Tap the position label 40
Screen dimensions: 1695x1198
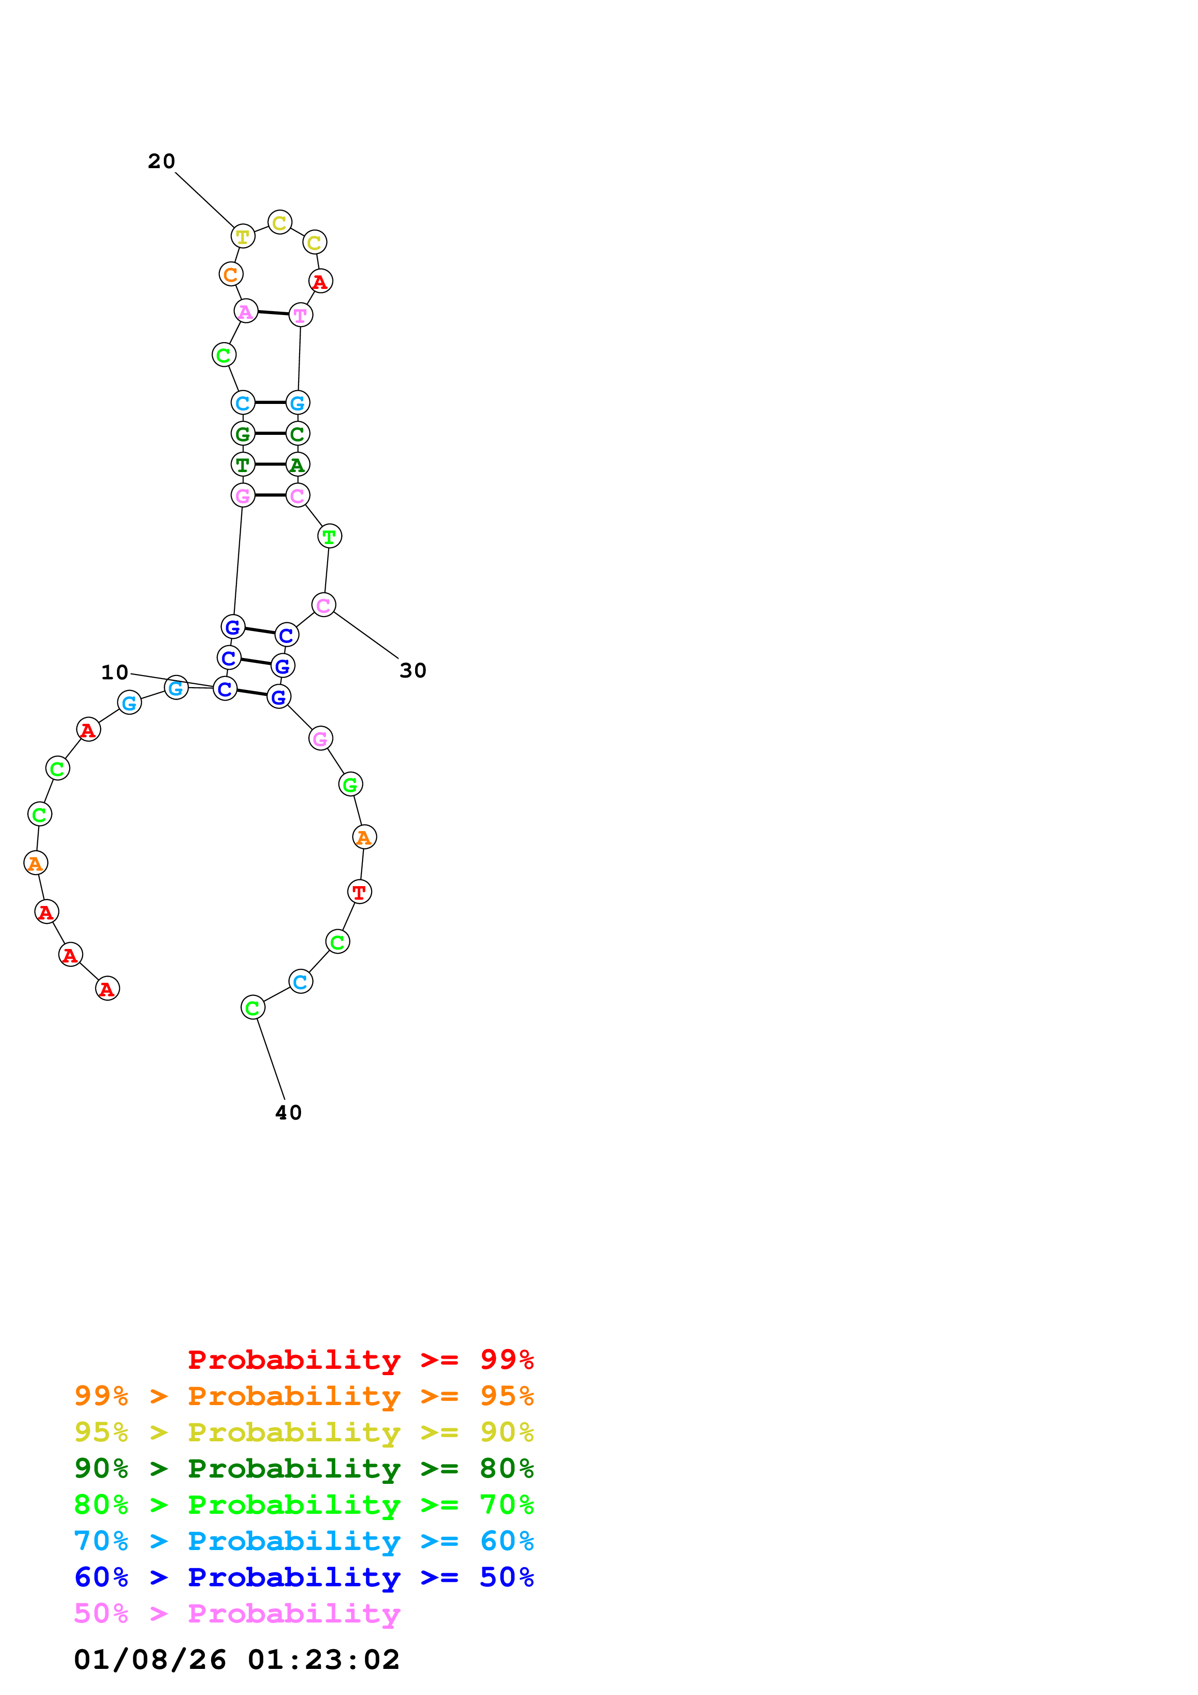click(x=288, y=1113)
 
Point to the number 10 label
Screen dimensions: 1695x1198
click(x=115, y=673)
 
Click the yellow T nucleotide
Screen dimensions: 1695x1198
click(x=243, y=237)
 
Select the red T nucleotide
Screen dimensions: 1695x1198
click(x=360, y=892)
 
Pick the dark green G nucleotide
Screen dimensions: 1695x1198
click(x=243, y=434)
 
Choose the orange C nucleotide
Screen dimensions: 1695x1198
click(x=231, y=274)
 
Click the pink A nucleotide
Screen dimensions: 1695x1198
click(x=246, y=312)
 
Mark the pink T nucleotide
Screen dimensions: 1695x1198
click(x=301, y=315)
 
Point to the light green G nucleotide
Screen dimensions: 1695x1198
click(x=351, y=785)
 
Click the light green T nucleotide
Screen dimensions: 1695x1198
click(x=329, y=537)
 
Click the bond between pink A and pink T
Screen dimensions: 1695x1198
click(x=273, y=313)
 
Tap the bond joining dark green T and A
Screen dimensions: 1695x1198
click(x=270, y=464)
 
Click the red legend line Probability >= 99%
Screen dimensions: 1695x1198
click(x=361, y=1359)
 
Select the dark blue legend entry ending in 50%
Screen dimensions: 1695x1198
click(x=303, y=1577)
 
